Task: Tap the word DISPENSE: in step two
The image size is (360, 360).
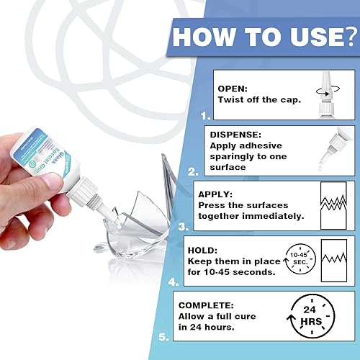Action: coord(236,134)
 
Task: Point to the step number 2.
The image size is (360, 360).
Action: coord(192,171)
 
